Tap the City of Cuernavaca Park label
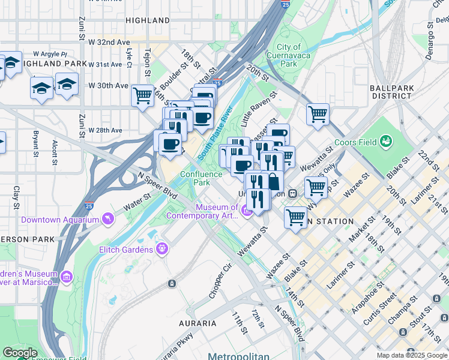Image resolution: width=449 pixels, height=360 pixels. (289, 55)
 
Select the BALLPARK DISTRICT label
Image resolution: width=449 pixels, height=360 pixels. (392, 92)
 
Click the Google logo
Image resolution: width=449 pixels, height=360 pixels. (20, 353)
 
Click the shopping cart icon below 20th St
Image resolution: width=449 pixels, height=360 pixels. (317, 113)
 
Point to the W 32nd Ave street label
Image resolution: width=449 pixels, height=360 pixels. (109, 43)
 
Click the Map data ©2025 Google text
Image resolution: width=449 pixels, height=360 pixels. (412, 355)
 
